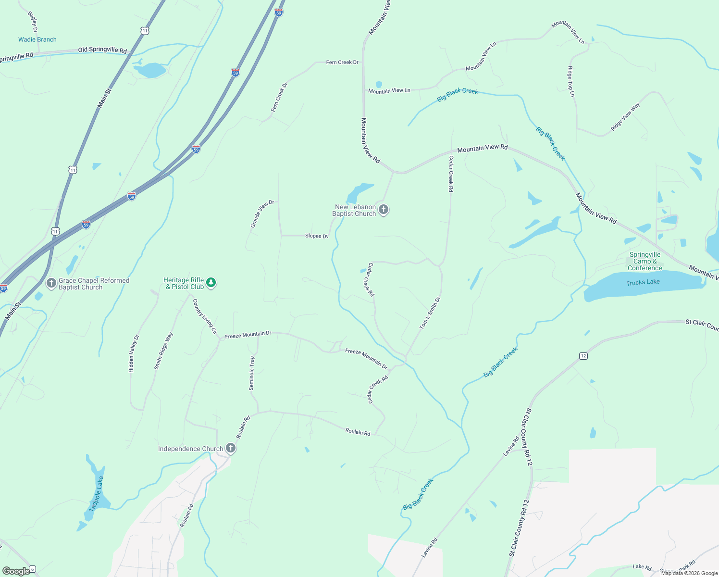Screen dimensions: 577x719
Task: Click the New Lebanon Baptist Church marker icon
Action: click(x=383, y=210)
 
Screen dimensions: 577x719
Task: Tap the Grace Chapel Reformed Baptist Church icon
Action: click(x=51, y=283)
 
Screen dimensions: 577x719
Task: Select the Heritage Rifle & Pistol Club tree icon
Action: click(x=211, y=283)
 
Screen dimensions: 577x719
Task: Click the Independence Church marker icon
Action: click(x=231, y=448)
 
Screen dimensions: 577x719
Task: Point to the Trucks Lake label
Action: click(x=643, y=282)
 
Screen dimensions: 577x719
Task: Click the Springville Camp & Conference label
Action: click(x=645, y=261)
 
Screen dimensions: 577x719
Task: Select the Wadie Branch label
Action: click(x=37, y=39)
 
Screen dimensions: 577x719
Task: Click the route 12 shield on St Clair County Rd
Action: click(x=583, y=356)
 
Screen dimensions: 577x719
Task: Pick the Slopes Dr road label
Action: click(x=316, y=236)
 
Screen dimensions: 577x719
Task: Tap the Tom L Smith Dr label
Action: click(x=430, y=314)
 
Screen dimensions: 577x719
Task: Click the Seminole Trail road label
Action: click(x=252, y=373)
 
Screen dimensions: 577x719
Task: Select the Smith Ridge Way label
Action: click(x=163, y=351)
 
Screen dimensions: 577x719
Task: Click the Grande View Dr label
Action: click(x=262, y=213)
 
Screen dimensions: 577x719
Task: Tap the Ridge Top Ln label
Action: click(x=571, y=81)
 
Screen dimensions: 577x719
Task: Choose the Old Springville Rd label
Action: click(x=102, y=50)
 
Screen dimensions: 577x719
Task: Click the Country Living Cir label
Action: click(x=205, y=316)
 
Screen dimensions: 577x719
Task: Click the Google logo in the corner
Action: click(x=16, y=571)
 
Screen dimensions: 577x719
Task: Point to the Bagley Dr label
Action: click(x=33, y=22)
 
